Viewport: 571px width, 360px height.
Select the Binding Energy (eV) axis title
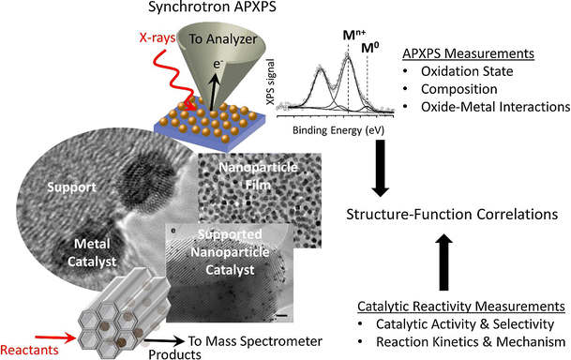click(326, 132)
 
